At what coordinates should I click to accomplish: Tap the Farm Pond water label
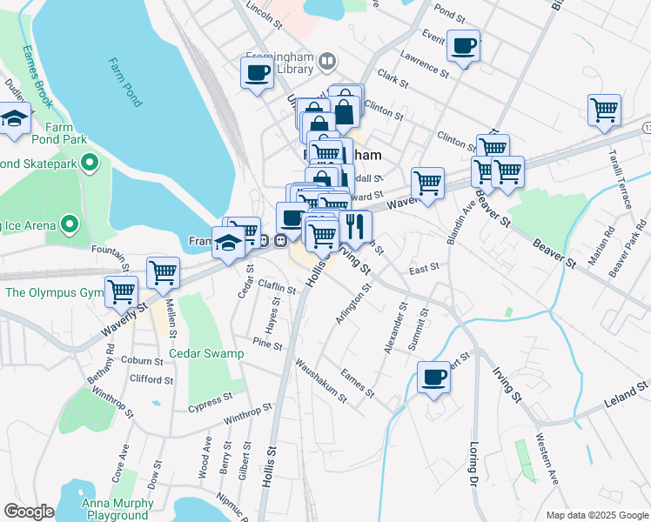coord(124,83)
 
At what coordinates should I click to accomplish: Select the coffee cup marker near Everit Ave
coord(463,45)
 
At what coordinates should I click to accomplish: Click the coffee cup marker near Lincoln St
coord(257,72)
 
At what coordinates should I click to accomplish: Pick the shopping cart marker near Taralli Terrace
coord(604,110)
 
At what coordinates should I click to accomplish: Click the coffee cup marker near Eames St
coord(433,378)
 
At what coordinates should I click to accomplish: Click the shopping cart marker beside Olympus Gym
coord(121,291)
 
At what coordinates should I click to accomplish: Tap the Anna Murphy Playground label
coord(117,509)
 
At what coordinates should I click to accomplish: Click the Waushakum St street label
coord(320,381)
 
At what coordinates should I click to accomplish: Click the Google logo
coord(29,511)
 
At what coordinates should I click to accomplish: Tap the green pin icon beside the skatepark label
coord(88,162)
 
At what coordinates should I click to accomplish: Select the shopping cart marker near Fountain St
coord(163,272)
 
